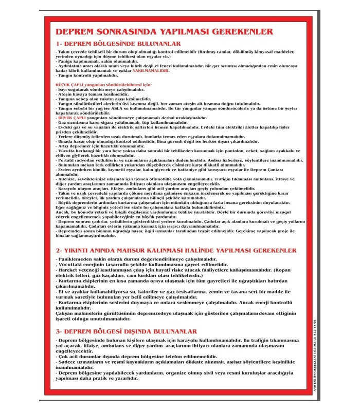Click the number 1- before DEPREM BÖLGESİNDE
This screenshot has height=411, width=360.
click(61, 44)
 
